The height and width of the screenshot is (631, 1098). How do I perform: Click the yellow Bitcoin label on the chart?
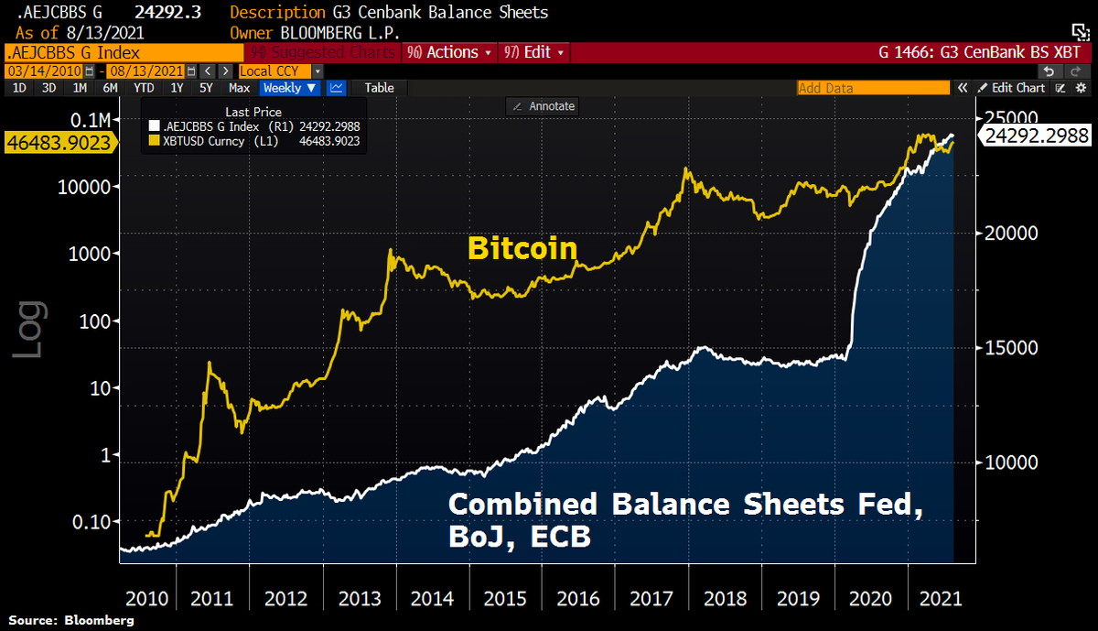tap(522, 248)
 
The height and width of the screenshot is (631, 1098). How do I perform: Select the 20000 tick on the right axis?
tap(1011, 233)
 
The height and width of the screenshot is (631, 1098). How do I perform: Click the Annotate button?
tap(543, 106)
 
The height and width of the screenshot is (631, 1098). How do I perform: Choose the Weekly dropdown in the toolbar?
tap(289, 88)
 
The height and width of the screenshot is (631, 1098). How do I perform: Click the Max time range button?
tap(240, 88)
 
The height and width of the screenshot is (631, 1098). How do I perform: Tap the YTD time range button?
tap(144, 88)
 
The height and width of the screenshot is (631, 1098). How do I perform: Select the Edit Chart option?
tap(1011, 88)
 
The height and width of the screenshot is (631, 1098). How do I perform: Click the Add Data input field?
tap(870, 88)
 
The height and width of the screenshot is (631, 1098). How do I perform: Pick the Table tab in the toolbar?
tap(379, 88)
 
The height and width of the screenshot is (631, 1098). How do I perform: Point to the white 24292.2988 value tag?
tap(1036, 136)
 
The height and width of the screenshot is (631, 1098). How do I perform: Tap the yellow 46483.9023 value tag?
tap(59, 143)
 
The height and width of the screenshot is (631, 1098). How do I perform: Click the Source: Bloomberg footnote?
tap(71, 621)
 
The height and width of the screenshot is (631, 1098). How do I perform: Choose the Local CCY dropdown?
tap(279, 71)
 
